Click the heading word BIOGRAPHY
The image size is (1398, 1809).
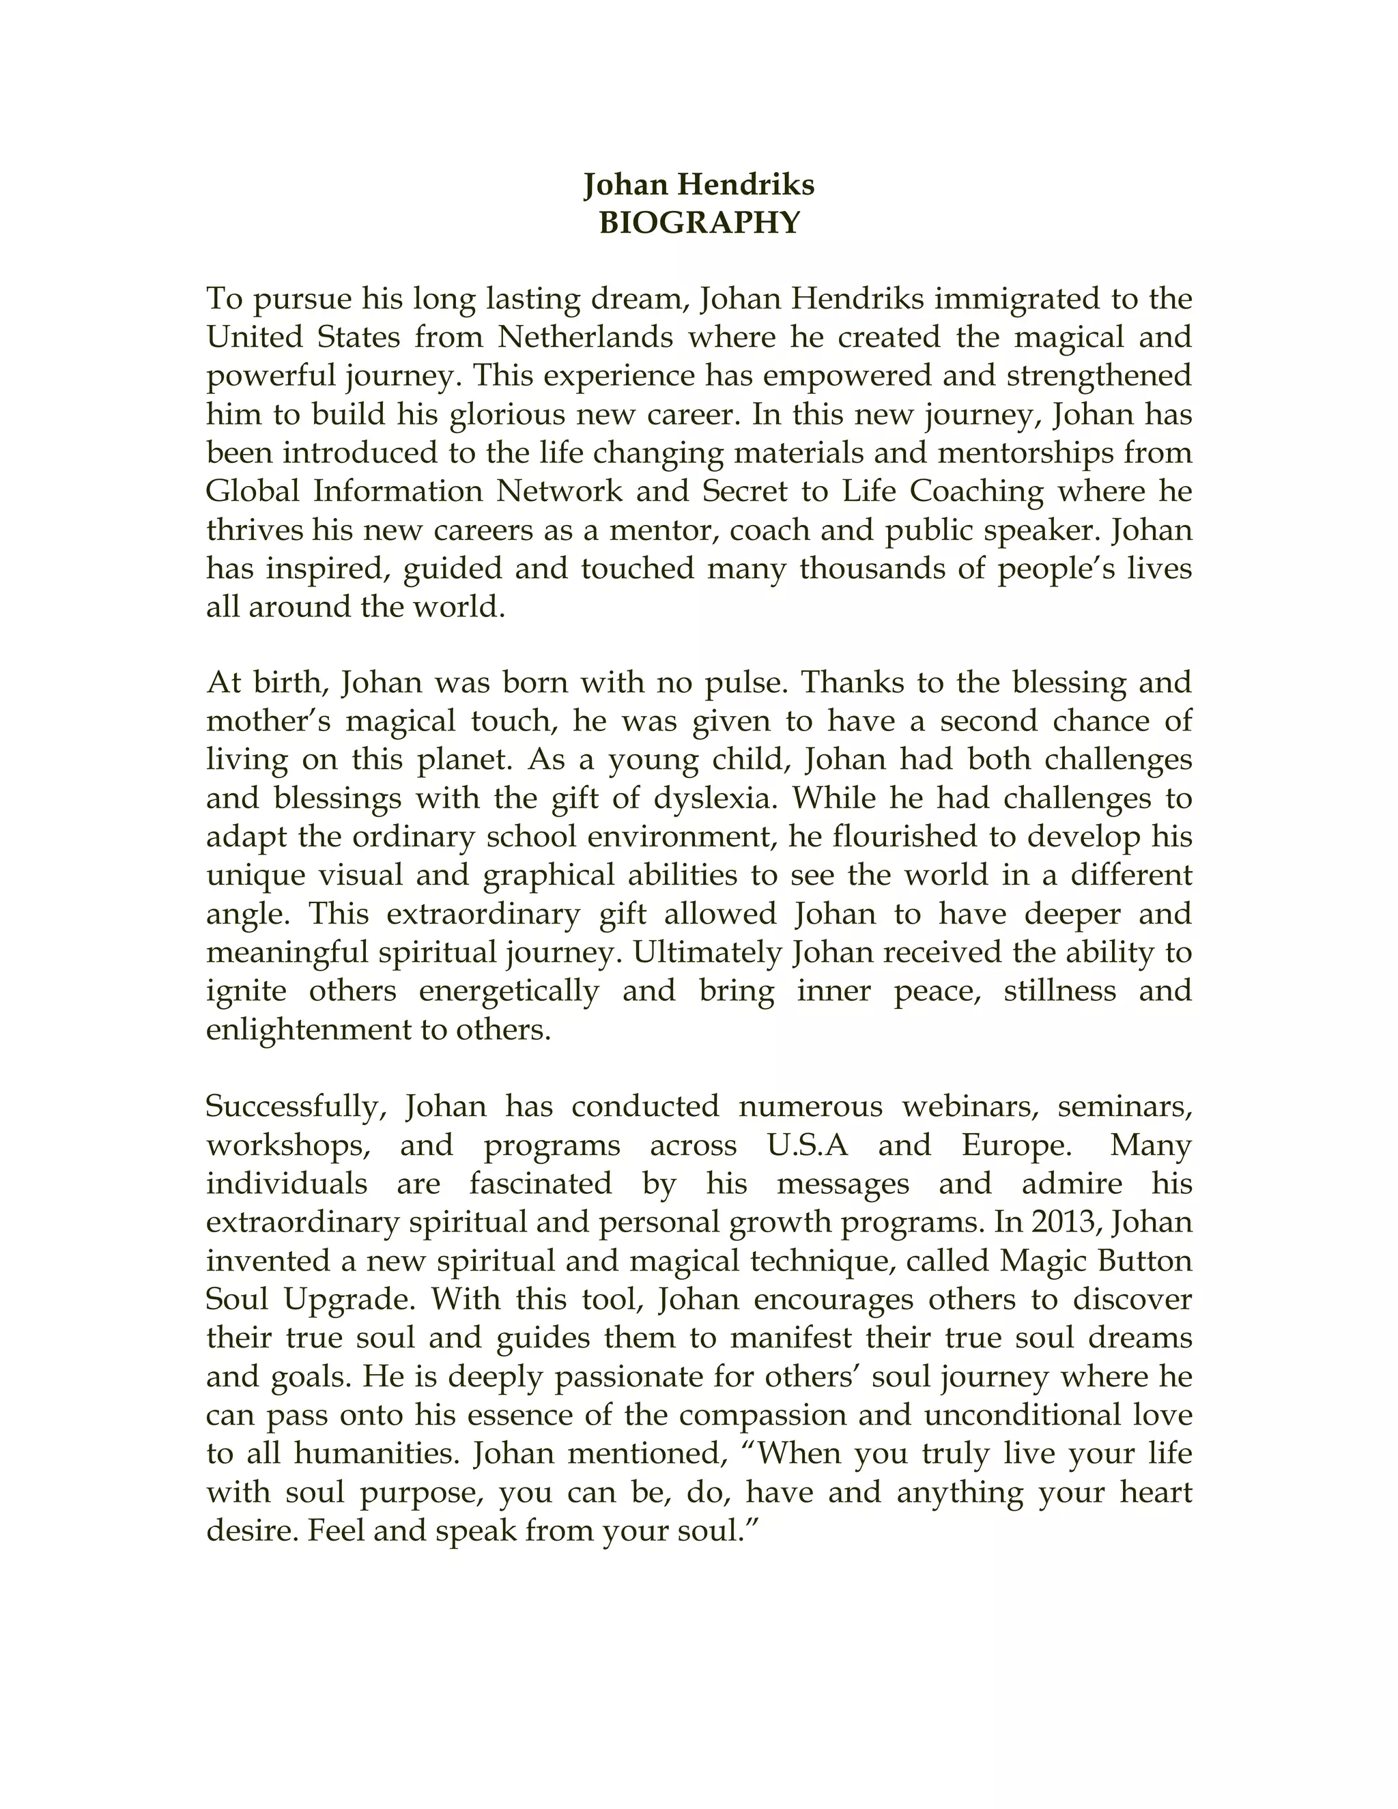(x=699, y=223)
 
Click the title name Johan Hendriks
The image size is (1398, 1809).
(x=699, y=184)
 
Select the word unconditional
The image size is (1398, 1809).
(x=1022, y=1414)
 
